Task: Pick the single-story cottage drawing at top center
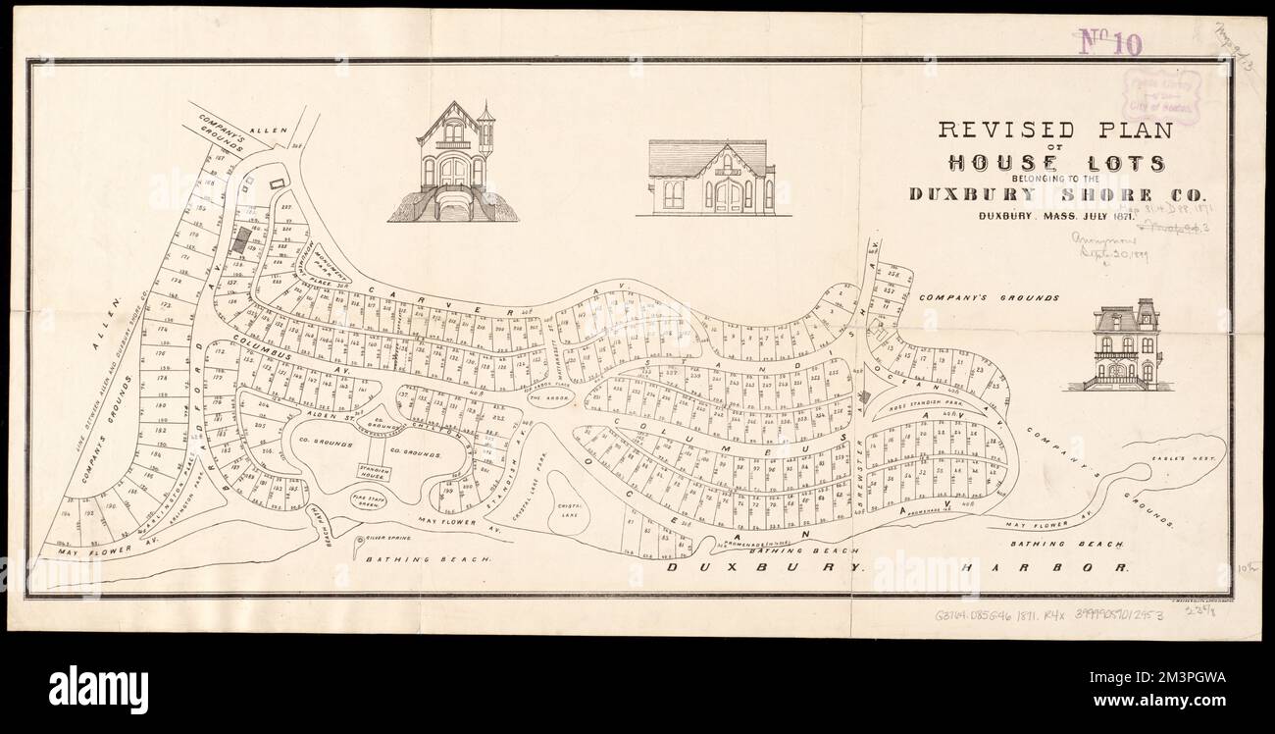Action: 712,178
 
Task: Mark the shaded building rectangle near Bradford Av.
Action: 238,238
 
